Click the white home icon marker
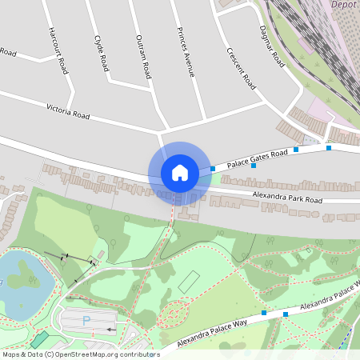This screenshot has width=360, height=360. pos(179,173)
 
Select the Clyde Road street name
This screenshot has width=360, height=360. pos(101,53)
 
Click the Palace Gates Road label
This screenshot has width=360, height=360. pos(256,158)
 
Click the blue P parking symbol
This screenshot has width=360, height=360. pos(86,321)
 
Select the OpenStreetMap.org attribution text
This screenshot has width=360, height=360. pos(81,354)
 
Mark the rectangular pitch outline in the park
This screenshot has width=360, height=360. pos(189,282)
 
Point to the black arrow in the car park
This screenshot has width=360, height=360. pos(111,329)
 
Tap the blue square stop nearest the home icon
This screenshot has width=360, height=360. pos(213,169)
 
